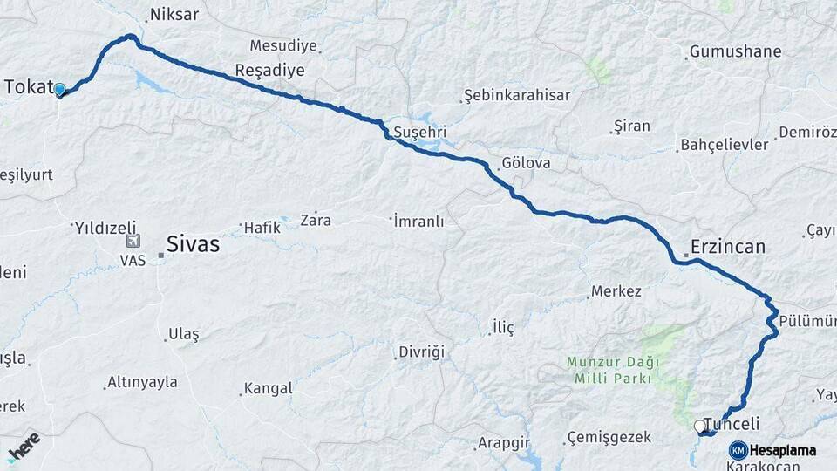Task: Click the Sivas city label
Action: (193, 244)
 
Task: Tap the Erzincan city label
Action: (727, 247)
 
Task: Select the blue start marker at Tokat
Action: (59, 89)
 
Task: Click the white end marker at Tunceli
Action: (699, 427)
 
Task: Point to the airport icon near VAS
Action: (133, 242)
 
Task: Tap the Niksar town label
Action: (174, 15)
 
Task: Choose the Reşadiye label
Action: (269, 70)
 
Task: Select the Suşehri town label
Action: (420, 133)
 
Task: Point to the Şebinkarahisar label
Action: (516, 95)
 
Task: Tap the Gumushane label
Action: (735, 52)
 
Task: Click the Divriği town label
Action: (421, 352)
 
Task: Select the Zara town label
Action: (316, 220)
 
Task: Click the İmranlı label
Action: (418, 222)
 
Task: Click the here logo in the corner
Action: (24, 446)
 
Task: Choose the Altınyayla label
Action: (141, 382)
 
